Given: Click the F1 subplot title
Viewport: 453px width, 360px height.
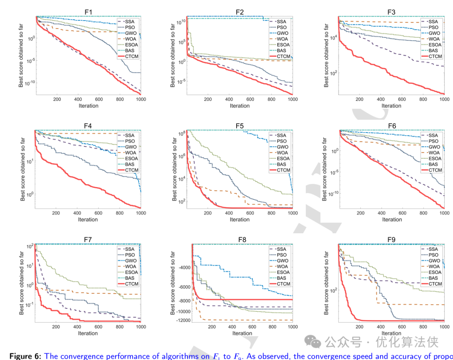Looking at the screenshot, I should coord(88,12).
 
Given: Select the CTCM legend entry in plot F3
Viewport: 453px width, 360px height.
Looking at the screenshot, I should coord(435,56).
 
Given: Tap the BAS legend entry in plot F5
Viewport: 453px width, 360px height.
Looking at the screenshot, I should coord(281,164).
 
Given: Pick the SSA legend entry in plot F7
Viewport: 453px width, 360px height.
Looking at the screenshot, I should coord(130,249).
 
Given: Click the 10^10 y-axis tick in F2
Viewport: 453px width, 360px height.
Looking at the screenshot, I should coord(180,21).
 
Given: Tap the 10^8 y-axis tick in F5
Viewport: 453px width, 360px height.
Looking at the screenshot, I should coord(182,134).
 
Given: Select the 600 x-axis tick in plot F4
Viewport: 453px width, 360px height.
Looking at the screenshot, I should coord(98,213).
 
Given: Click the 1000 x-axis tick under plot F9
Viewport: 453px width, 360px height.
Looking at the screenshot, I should coord(444,327).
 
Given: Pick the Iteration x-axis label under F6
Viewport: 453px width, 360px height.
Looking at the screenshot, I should coord(391,219).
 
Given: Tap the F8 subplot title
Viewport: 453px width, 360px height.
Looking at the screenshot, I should coord(242,240).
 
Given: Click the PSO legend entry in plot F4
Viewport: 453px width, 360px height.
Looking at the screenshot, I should coord(130,141).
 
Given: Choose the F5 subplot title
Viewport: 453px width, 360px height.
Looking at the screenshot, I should coord(240,126).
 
